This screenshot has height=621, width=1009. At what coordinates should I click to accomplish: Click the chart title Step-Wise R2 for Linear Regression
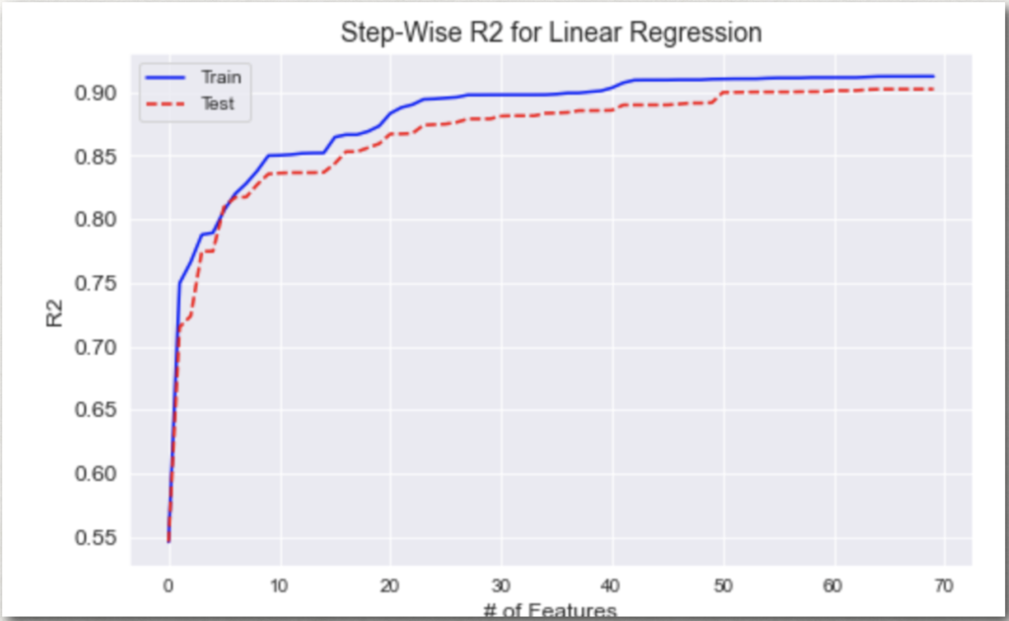(x=551, y=33)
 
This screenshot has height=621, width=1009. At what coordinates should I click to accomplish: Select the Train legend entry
(x=220, y=77)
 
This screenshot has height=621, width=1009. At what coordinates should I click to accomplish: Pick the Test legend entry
(x=218, y=103)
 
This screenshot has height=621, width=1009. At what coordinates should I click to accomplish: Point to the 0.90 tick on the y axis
(x=97, y=94)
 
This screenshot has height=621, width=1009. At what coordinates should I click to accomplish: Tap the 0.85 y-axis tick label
(x=97, y=157)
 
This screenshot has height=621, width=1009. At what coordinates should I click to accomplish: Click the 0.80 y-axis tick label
(x=97, y=220)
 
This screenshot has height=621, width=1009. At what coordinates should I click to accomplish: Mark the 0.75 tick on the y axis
(x=97, y=284)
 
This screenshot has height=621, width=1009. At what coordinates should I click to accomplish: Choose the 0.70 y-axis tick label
(x=97, y=347)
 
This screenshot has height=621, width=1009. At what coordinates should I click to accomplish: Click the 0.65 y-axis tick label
(x=97, y=410)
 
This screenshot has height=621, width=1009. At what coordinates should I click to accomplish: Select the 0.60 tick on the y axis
(x=97, y=474)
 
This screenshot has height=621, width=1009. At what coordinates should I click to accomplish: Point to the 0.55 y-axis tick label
(x=97, y=537)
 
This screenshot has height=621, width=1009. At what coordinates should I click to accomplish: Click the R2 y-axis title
(x=53, y=315)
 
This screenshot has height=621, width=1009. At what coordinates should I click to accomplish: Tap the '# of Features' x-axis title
(x=550, y=611)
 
